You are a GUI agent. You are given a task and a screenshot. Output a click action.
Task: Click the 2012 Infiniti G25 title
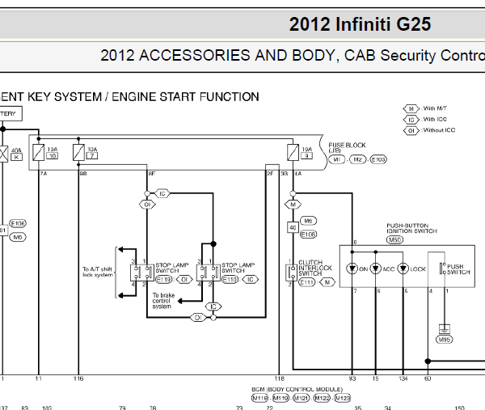click(360, 24)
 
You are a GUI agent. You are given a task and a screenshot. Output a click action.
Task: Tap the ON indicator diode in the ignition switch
click(353, 268)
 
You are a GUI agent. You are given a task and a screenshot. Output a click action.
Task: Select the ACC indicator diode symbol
click(377, 268)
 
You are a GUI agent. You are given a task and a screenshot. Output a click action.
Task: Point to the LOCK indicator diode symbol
click(403, 268)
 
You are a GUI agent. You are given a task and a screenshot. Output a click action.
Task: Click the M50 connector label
click(395, 239)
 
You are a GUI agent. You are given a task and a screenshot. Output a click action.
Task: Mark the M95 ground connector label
click(445, 340)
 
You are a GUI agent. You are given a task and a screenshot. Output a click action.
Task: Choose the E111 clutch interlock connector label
click(306, 282)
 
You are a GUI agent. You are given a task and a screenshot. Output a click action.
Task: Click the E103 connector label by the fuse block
click(378, 159)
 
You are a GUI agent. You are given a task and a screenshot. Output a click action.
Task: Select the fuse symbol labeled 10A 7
click(78, 152)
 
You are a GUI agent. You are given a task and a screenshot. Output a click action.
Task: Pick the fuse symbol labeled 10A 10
click(38, 152)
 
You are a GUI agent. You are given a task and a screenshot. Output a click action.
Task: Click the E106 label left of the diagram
click(18, 224)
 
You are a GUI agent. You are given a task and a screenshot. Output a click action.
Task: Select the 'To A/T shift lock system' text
click(99, 272)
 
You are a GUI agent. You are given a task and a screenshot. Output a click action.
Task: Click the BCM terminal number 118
click(280, 378)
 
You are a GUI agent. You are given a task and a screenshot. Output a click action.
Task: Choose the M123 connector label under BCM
click(342, 398)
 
